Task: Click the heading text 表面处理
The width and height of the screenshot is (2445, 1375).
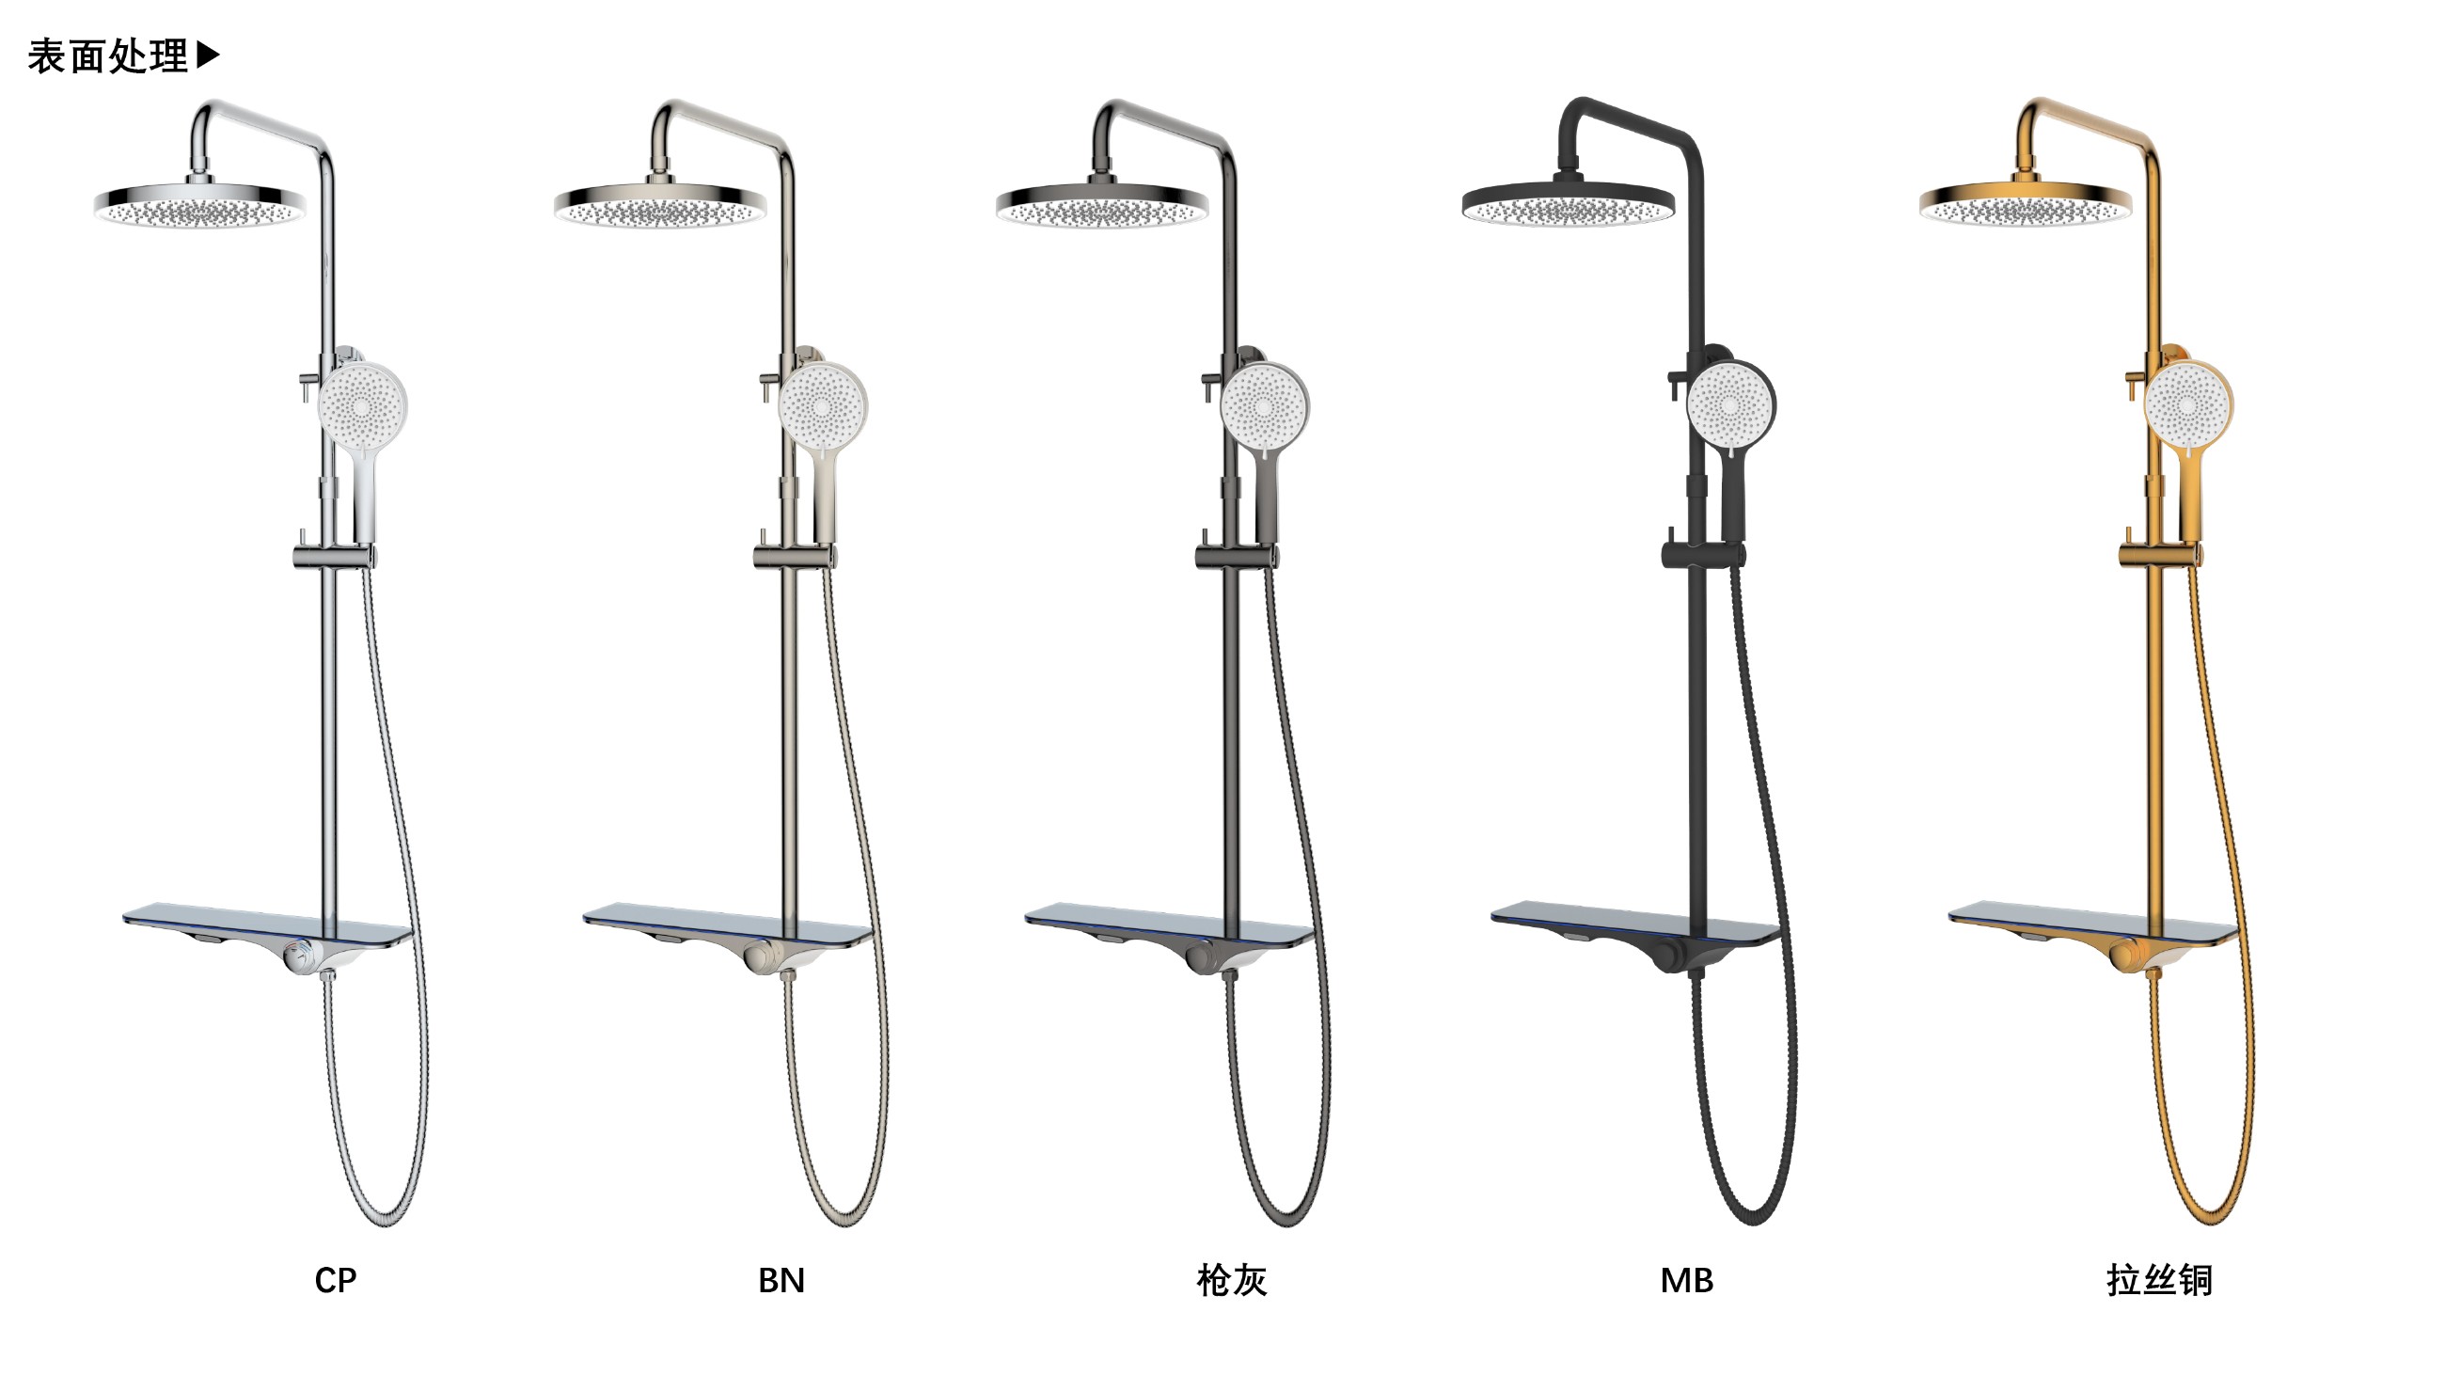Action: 108,57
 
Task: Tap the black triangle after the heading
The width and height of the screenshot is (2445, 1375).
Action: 208,55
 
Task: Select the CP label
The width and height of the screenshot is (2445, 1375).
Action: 335,1280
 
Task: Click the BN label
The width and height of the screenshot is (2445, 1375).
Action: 781,1280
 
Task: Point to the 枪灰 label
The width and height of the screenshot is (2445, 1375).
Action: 1231,1280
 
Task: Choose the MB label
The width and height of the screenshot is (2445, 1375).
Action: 1687,1280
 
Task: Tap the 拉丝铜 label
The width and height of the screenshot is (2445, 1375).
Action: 2158,1280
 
